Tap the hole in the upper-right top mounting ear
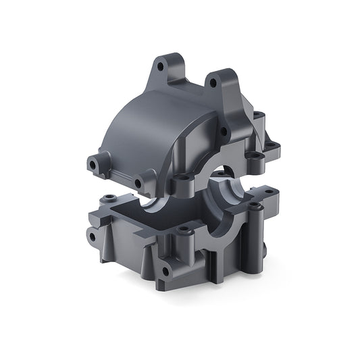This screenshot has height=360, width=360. point(212,83)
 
